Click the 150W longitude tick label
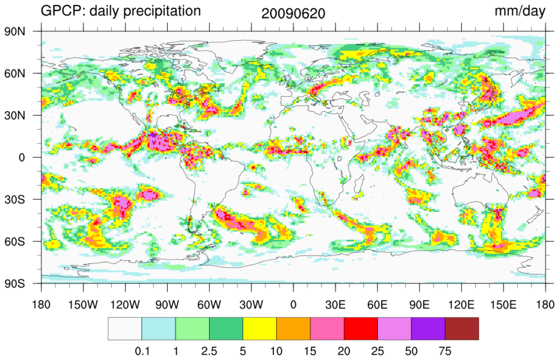point(83,304)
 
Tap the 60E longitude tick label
point(377,304)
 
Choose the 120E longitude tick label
point(461,304)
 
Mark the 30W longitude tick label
point(251,304)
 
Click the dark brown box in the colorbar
point(462,329)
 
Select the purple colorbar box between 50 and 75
point(428,329)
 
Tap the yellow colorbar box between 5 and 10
point(260,329)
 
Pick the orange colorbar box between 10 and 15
point(293,329)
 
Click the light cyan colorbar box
point(158,329)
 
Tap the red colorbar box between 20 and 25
point(360,329)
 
